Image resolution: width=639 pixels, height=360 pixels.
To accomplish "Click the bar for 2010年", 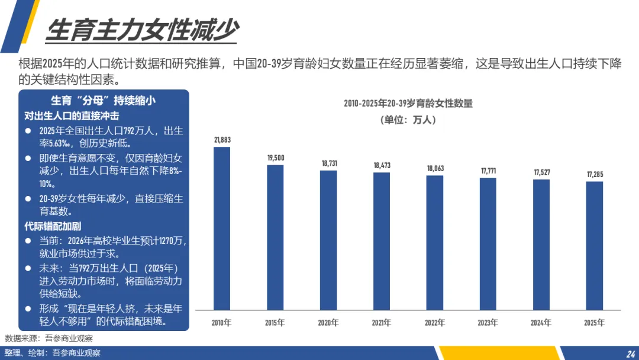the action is pos(222,229).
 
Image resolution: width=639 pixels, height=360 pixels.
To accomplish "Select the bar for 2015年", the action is pos(275,237).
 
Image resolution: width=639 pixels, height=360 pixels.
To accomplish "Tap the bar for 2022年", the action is pos(435,243).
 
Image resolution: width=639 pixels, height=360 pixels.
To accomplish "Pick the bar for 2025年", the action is pos(595,246).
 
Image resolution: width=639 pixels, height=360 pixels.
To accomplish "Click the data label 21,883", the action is pos(222,140).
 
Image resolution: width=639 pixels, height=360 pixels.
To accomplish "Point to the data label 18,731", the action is pos(330,163).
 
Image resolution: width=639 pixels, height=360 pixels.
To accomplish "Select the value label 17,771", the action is pos(488,171).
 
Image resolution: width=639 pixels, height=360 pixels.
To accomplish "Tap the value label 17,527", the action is pos(542,172).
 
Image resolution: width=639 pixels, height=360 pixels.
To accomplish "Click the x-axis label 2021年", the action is pos(382,323).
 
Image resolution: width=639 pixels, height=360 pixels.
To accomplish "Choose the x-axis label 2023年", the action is pos(488,323).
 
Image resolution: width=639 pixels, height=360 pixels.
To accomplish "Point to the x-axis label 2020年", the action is pos(328,323).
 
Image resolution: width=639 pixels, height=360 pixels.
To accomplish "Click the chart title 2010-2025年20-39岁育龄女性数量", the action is pos(408,104).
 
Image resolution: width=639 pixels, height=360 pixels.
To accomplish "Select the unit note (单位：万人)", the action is pos(408,120).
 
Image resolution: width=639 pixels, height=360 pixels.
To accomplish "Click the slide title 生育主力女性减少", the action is pos(142,30).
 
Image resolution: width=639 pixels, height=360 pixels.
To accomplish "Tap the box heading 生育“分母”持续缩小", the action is pos(103,100).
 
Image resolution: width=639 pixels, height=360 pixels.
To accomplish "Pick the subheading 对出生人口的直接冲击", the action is pos(72,116).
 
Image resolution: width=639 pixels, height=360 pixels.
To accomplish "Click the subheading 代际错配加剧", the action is pos(53,226).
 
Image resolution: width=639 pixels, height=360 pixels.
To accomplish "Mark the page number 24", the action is pos(631,354).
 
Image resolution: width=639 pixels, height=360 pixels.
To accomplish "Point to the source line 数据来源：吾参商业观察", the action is pos(49,339).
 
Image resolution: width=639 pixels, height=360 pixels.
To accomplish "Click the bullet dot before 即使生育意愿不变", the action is pos(28,158).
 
